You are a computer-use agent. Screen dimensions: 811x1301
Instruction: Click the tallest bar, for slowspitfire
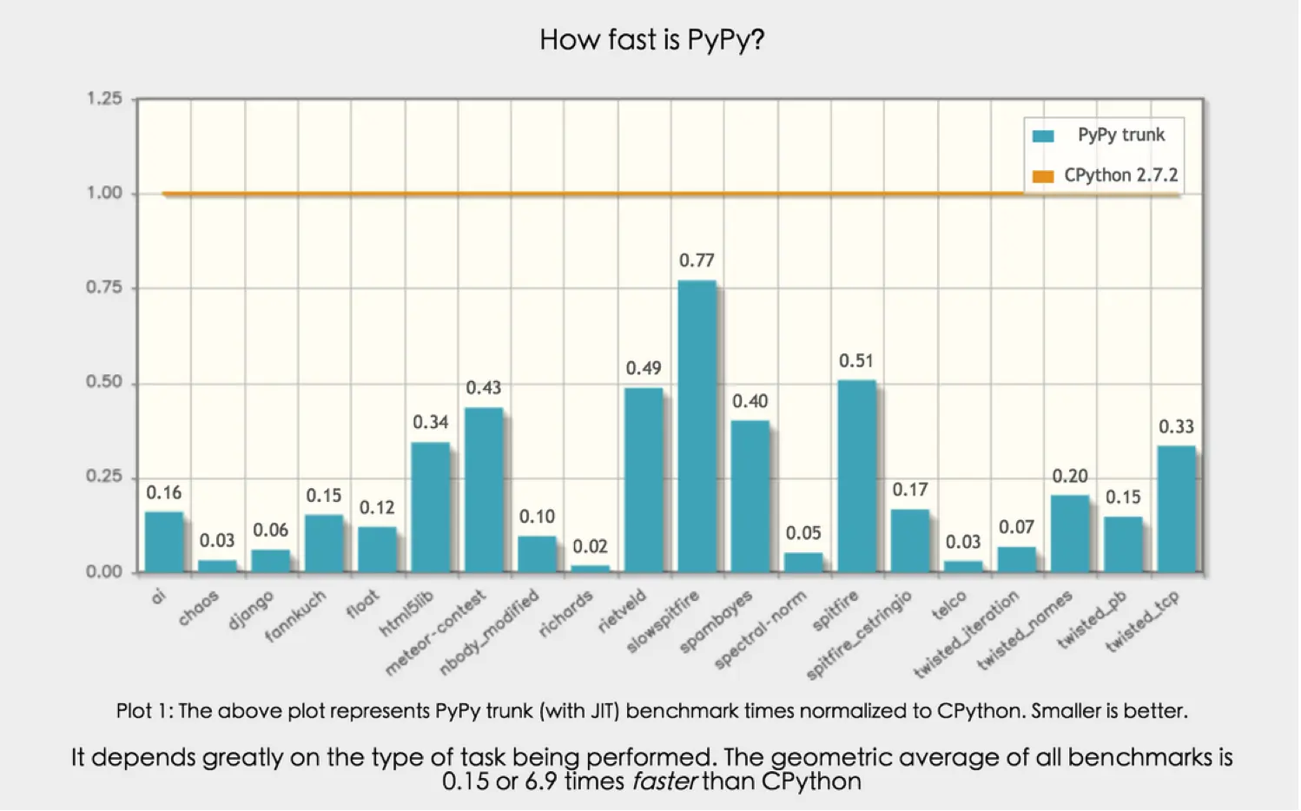pos(697,425)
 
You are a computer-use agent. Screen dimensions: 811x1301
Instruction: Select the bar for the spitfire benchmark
pos(856,476)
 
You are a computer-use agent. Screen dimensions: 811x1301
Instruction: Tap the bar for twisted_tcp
pos(1176,509)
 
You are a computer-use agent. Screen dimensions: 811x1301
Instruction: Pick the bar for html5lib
pos(430,507)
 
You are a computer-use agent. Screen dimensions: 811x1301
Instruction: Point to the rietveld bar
pos(644,479)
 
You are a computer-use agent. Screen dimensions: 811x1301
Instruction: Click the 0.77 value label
pos(697,260)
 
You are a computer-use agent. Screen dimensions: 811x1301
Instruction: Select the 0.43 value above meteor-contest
pos(484,388)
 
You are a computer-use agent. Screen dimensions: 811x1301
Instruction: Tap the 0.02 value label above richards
pos(590,547)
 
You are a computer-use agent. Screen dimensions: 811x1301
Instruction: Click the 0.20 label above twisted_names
pos(1070,477)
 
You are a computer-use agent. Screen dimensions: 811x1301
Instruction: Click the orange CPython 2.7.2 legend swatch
pos(1043,176)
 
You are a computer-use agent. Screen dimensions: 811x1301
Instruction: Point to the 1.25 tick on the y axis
pos(104,99)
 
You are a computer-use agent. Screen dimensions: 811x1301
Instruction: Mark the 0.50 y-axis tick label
pos(104,383)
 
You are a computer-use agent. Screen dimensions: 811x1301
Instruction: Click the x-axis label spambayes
pos(717,622)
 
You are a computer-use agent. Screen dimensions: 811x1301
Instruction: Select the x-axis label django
pos(251,610)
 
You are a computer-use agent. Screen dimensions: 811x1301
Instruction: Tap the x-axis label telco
pos(949,605)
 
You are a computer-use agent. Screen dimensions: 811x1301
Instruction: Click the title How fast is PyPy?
pos(651,40)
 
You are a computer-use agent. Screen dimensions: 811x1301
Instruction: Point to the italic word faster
pos(664,781)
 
